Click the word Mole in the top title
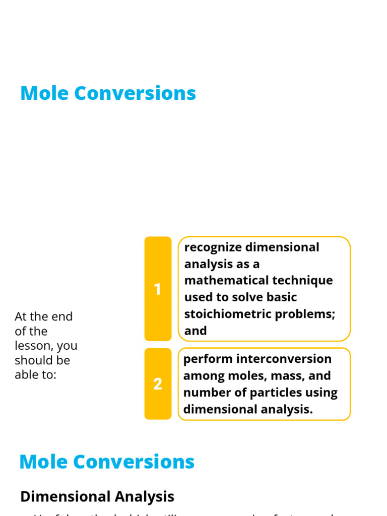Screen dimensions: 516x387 pyautogui.click(x=43, y=94)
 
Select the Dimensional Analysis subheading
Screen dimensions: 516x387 pyautogui.click(x=97, y=496)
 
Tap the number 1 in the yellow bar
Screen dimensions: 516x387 pyautogui.click(x=158, y=289)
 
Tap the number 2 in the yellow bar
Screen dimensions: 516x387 pyautogui.click(x=158, y=384)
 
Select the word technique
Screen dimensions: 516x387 pyautogui.click(x=302, y=281)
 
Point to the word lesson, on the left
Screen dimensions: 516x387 pyautogui.click(x=33, y=346)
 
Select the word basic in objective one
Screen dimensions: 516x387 pyautogui.click(x=281, y=297)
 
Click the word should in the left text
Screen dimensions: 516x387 pyautogui.click(x=32, y=361)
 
